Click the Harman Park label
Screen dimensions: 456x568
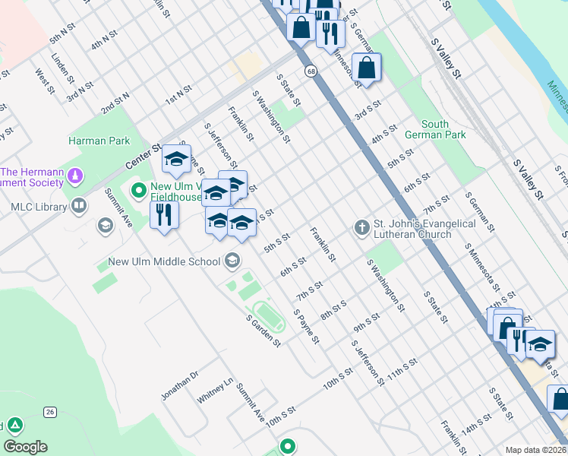99,141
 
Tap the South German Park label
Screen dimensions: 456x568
444,129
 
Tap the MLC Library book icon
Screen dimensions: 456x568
80,206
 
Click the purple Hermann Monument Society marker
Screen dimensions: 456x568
74,177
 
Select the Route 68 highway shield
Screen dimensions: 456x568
311,71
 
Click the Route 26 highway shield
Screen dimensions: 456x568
51,412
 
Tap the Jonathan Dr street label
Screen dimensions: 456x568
179,385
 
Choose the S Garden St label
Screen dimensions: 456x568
263,331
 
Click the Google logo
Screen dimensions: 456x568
25,447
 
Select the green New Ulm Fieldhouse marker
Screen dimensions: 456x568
138,188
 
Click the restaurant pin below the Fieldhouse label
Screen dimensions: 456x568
163,214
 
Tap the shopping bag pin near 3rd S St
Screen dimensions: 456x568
366,67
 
